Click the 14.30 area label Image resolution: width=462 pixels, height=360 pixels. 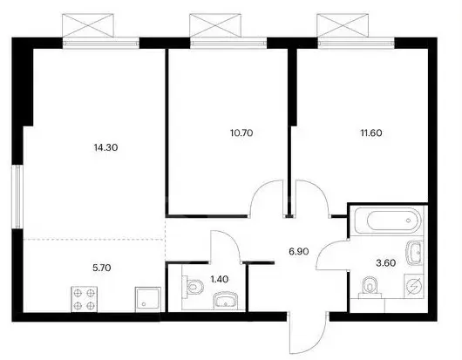click(105, 147)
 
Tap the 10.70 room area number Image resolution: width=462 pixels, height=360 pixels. click(241, 132)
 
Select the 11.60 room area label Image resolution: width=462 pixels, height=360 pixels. click(371, 132)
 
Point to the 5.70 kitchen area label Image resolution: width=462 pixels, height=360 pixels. click(102, 268)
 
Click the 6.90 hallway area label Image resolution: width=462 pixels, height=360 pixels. click(299, 251)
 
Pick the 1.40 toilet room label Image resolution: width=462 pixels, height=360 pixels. click(220, 279)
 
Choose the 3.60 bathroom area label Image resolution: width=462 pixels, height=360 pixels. click(385, 262)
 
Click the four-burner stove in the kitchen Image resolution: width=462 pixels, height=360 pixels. click(85, 299)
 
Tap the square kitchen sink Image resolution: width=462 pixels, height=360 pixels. click(148, 299)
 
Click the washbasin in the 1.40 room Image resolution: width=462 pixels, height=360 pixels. click(226, 301)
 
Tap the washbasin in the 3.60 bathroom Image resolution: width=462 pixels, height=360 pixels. click(415, 252)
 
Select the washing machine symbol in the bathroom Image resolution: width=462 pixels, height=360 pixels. click(414, 286)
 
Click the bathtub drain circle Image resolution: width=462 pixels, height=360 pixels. click(408, 221)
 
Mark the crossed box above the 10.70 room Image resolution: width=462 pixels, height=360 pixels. click(215, 25)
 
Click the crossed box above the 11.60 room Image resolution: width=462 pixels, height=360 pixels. click(343, 25)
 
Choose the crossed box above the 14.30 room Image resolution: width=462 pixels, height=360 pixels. click(88, 25)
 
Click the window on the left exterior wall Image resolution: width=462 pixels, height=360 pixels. click(17, 196)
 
